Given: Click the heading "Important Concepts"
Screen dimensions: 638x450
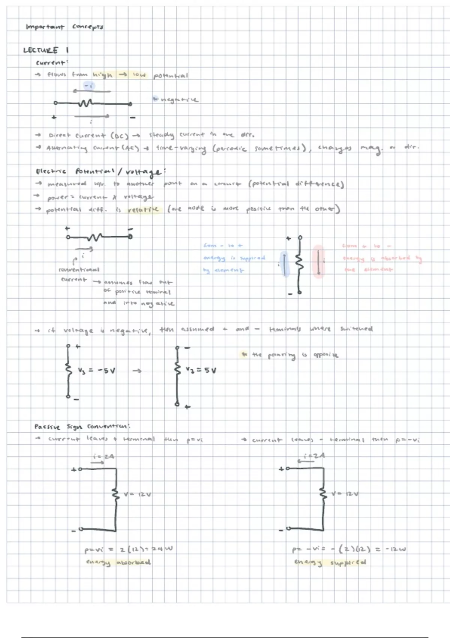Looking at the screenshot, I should pos(64,27).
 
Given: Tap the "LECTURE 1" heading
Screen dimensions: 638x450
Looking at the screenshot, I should pos(46,50).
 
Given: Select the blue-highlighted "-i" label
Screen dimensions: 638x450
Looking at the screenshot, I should pos(89,86).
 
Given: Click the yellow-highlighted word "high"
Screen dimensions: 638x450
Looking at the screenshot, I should pos(102,75).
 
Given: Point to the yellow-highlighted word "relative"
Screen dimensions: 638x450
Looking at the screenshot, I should pos(143,209).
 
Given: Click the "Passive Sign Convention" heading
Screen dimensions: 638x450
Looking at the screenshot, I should pos(82,427).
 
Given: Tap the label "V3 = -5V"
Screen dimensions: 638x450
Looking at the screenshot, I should pos(96,371).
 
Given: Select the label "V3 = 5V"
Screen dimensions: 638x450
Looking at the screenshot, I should pos(201,370).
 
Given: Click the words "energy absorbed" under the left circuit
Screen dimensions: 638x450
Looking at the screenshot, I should pos(118,563).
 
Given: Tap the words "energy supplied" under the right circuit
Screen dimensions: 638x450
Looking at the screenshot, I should pos(330,563).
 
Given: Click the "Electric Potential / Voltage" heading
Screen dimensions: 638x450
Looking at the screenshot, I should pos(99,172).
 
